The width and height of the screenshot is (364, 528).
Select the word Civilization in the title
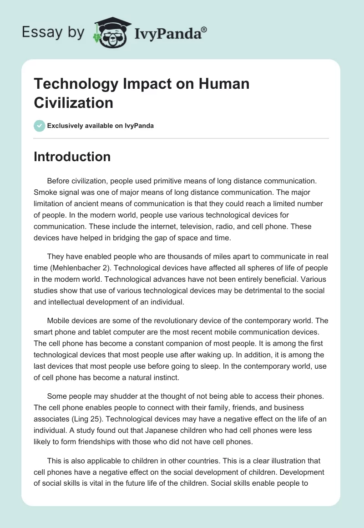73,102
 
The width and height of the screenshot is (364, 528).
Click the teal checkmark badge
40,126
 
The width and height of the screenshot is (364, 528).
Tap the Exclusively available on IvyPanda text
101,126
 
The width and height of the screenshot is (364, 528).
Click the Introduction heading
72,157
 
